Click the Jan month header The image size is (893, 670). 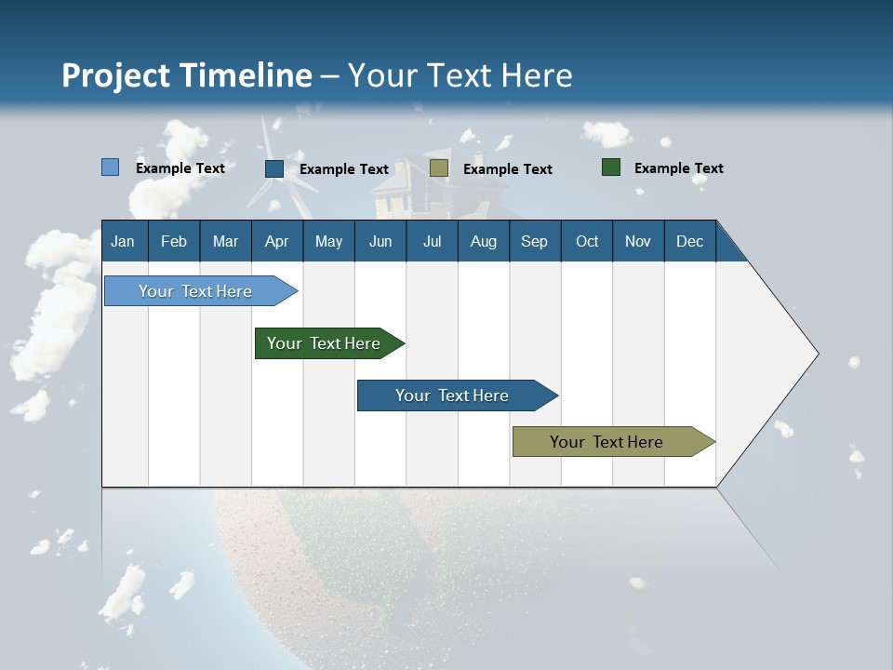click(x=123, y=241)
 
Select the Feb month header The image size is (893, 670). click(x=174, y=241)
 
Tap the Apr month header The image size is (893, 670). click(x=276, y=241)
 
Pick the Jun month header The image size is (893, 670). click(x=380, y=241)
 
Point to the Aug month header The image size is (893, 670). click(x=483, y=241)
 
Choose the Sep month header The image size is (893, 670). click(x=534, y=241)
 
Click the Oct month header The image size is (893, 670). click(x=587, y=241)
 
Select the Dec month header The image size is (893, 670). click(x=689, y=241)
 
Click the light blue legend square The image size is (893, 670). click(x=111, y=167)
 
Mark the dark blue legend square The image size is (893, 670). click(x=274, y=168)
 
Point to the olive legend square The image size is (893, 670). click(x=439, y=168)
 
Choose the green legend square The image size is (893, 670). click(x=611, y=167)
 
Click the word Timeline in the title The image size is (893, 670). click(x=247, y=75)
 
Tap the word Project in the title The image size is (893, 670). click(x=115, y=75)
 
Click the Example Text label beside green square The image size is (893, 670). click(x=678, y=168)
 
